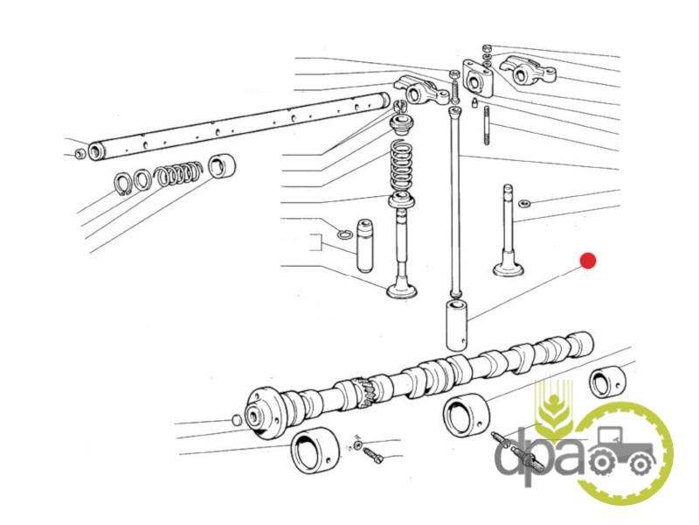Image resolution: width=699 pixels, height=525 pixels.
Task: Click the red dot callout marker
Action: point(587,261)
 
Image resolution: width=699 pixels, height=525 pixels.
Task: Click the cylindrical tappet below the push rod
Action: point(457,325)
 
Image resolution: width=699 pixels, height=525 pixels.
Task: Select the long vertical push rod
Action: point(455,202)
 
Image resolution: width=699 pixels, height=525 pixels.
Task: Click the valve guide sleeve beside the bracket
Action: point(364,246)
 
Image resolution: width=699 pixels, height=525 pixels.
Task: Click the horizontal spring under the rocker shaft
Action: point(179,172)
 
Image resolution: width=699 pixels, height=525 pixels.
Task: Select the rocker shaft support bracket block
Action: point(478,79)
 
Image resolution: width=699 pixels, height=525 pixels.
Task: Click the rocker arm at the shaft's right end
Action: point(421,89)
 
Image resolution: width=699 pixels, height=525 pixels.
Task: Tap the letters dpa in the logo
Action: point(539,456)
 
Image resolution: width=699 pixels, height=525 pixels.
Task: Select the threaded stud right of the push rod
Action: point(487,125)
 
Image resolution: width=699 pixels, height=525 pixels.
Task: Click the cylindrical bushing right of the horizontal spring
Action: point(222,165)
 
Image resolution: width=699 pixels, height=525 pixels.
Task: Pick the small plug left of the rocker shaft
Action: point(80,154)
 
